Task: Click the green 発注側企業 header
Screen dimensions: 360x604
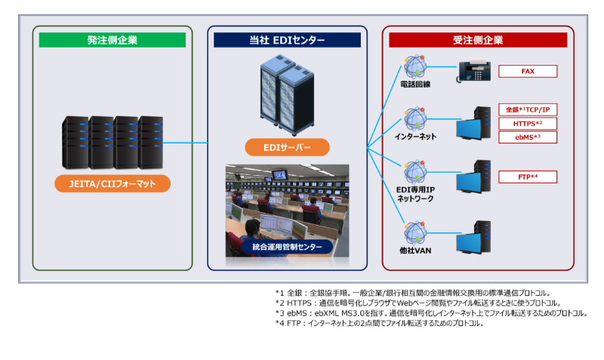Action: pos(112,40)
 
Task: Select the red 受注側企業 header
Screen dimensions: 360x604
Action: pos(477,40)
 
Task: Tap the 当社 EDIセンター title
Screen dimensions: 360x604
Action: pos(287,40)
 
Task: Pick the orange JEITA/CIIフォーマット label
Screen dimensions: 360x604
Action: pos(112,183)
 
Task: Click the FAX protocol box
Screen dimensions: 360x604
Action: pos(528,71)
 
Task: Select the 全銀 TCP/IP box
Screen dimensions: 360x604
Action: pos(528,109)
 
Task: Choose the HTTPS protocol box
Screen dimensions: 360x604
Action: pos(528,123)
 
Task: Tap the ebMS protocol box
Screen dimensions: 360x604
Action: pos(528,137)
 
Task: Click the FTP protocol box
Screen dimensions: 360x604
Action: pos(528,177)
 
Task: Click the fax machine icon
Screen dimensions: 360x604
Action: pos(474,69)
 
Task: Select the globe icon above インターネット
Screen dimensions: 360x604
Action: pos(414,118)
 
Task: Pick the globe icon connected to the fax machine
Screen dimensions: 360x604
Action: pos(414,66)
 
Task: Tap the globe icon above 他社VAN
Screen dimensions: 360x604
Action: pos(414,232)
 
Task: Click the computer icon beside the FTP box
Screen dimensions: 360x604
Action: pos(473,178)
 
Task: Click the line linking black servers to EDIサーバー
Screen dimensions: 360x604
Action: pos(185,143)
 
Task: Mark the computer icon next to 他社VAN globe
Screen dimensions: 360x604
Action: pos(473,238)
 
